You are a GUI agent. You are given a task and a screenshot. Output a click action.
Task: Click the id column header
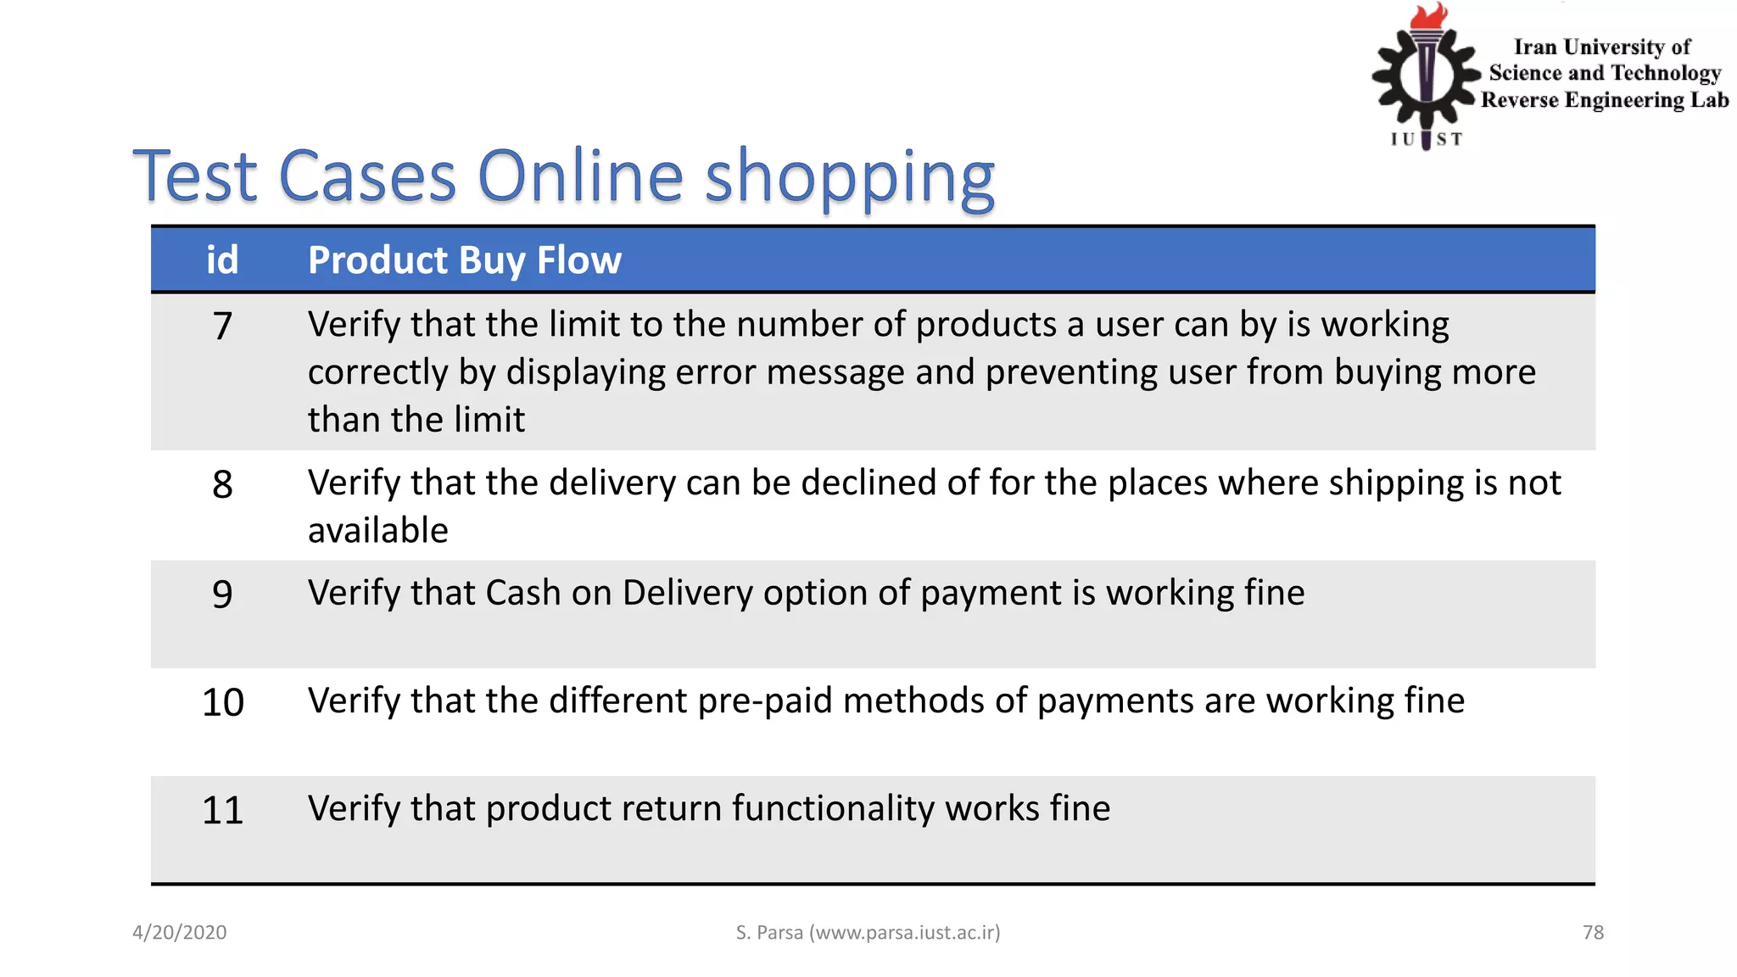tap(222, 260)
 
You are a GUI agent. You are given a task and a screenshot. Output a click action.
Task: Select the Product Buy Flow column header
tap(464, 260)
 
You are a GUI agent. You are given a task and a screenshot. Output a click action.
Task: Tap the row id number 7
tap(222, 326)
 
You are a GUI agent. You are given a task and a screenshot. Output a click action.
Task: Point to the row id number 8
tap(222, 484)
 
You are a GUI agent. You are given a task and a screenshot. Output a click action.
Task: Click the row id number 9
tap(222, 594)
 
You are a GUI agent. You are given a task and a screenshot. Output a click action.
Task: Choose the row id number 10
tap(222, 702)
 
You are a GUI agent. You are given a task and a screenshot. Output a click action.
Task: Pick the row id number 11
tap(222, 810)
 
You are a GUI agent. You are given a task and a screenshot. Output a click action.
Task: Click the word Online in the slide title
tap(580, 176)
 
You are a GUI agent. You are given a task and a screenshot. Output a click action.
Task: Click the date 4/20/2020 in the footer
tap(179, 932)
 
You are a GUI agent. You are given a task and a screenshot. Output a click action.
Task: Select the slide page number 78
tap(1593, 932)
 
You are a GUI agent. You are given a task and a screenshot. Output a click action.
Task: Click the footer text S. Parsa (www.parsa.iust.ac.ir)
tap(868, 932)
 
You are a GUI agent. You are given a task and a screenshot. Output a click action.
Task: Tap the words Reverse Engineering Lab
tap(1604, 100)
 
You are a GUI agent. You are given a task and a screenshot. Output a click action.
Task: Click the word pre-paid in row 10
tap(765, 701)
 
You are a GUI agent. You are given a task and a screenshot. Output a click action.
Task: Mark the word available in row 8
tap(377, 531)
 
